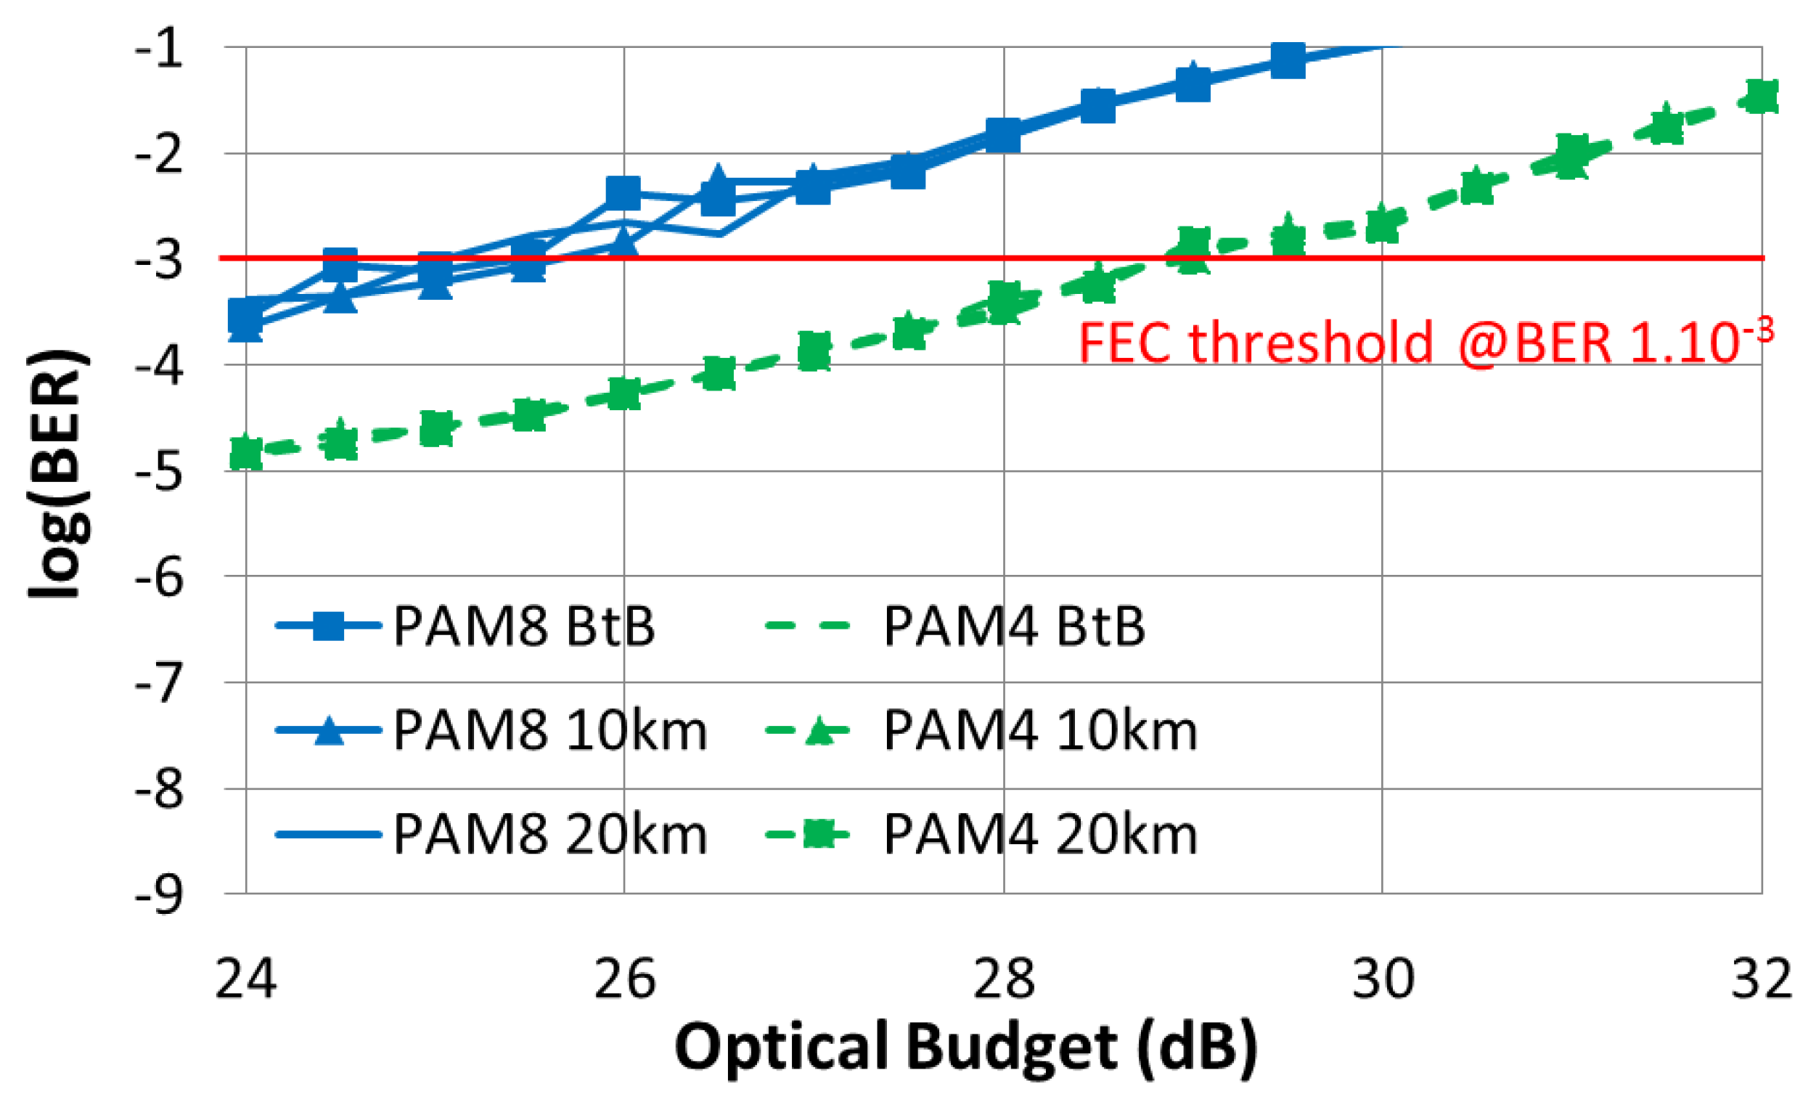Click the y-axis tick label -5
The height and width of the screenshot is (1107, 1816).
click(159, 472)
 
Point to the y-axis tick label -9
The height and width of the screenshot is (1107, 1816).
click(159, 896)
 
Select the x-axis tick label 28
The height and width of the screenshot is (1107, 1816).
click(1003, 979)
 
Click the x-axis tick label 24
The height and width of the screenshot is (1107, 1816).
click(245, 979)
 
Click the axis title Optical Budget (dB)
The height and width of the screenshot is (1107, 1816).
click(965, 1047)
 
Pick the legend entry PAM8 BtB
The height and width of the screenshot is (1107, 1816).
click(523, 626)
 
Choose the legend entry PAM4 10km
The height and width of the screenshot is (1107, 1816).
click(1039, 731)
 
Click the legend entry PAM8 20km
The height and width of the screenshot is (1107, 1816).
click(549, 835)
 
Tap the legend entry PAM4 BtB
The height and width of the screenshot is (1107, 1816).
click(1013, 626)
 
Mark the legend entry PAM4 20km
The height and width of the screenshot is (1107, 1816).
click(1039, 835)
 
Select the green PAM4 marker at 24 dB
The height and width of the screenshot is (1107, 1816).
click(245, 451)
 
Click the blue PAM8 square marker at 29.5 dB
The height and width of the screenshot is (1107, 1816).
click(1288, 60)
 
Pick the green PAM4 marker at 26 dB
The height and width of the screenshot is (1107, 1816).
click(623, 393)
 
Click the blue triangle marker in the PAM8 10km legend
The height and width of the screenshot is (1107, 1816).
click(329, 731)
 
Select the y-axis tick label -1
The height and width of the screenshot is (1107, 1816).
click(159, 49)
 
